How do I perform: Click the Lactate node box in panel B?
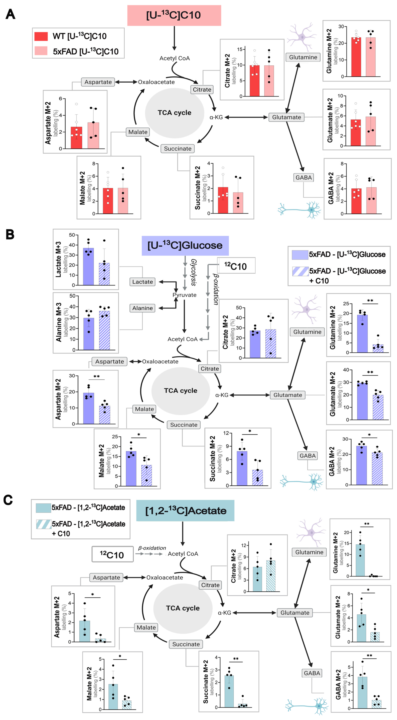point(142,282)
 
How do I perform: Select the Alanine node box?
point(142,308)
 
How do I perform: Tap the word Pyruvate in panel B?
point(184,295)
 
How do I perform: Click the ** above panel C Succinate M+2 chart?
point(236,659)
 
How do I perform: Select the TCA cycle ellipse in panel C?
point(183,608)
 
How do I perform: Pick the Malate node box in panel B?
point(144,409)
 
